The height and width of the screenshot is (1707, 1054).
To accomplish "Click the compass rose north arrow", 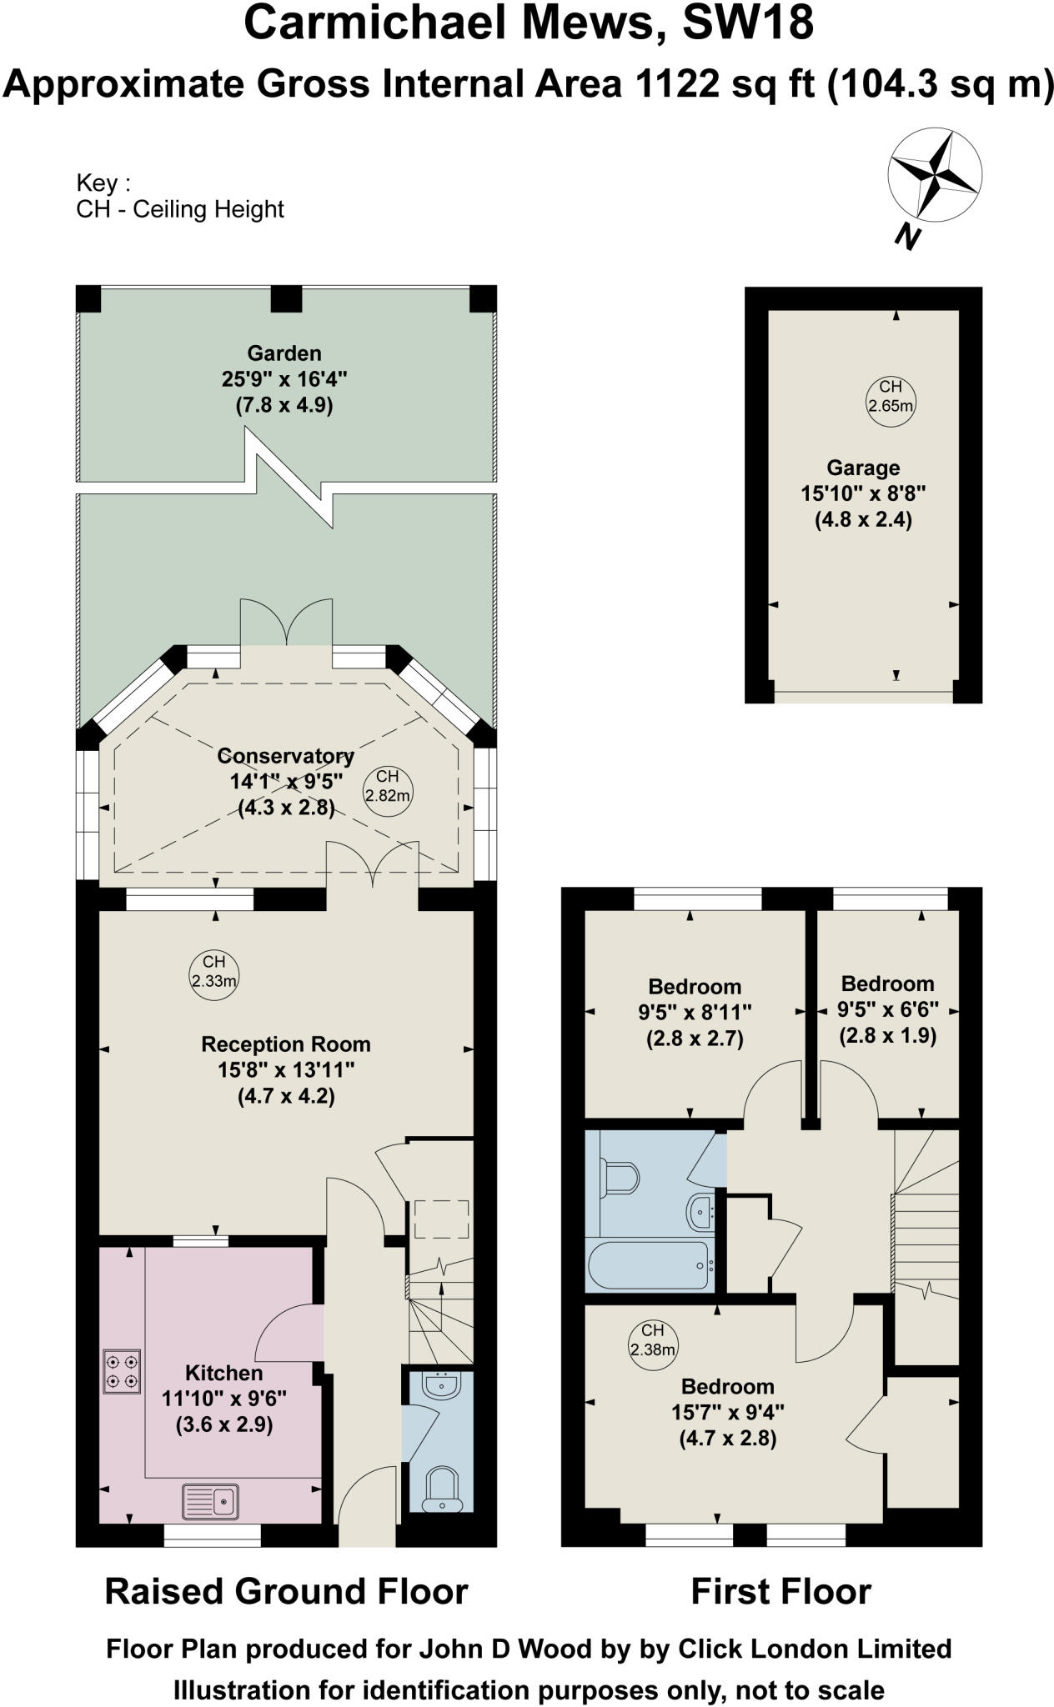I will tap(934, 177).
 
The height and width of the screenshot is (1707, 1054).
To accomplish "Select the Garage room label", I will tap(863, 468).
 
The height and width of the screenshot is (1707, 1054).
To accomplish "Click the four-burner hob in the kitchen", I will tap(122, 1372).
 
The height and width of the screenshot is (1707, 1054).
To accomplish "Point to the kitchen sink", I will tap(210, 1502).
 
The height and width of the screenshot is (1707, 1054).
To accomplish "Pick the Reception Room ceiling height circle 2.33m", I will tap(213, 972).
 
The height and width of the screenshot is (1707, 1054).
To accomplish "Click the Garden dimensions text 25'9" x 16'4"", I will tap(284, 379).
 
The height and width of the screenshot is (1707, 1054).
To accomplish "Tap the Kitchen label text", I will tap(223, 1373).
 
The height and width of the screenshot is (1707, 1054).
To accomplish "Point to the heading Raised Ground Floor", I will tap(286, 1592).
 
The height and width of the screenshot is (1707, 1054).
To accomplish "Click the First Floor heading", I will tap(780, 1592).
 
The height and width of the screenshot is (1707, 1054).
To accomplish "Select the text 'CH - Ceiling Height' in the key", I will tap(180, 209).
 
